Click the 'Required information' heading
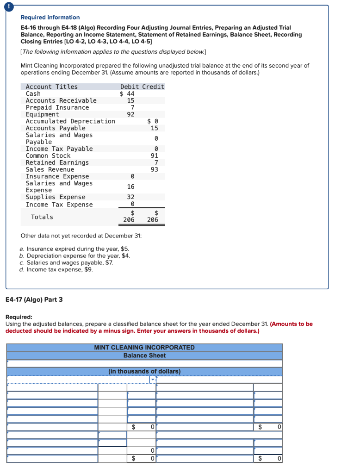pos(50,17)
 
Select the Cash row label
pos(33,94)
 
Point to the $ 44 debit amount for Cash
pos(127,94)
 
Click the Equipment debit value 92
pos(130,114)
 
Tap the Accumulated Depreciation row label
pos(70,121)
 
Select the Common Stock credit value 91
pos(155,156)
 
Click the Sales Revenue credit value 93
pos(155,169)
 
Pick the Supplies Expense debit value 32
pos(130,197)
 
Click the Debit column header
pos(130,87)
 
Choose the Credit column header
pos(153,87)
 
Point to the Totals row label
pos(42,217)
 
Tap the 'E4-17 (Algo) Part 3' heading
pos(34,299)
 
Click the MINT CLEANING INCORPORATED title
pos(144,347)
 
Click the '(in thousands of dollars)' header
pos(144,371)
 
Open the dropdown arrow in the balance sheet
pos(153,380)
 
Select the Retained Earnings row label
pos(57,162)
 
